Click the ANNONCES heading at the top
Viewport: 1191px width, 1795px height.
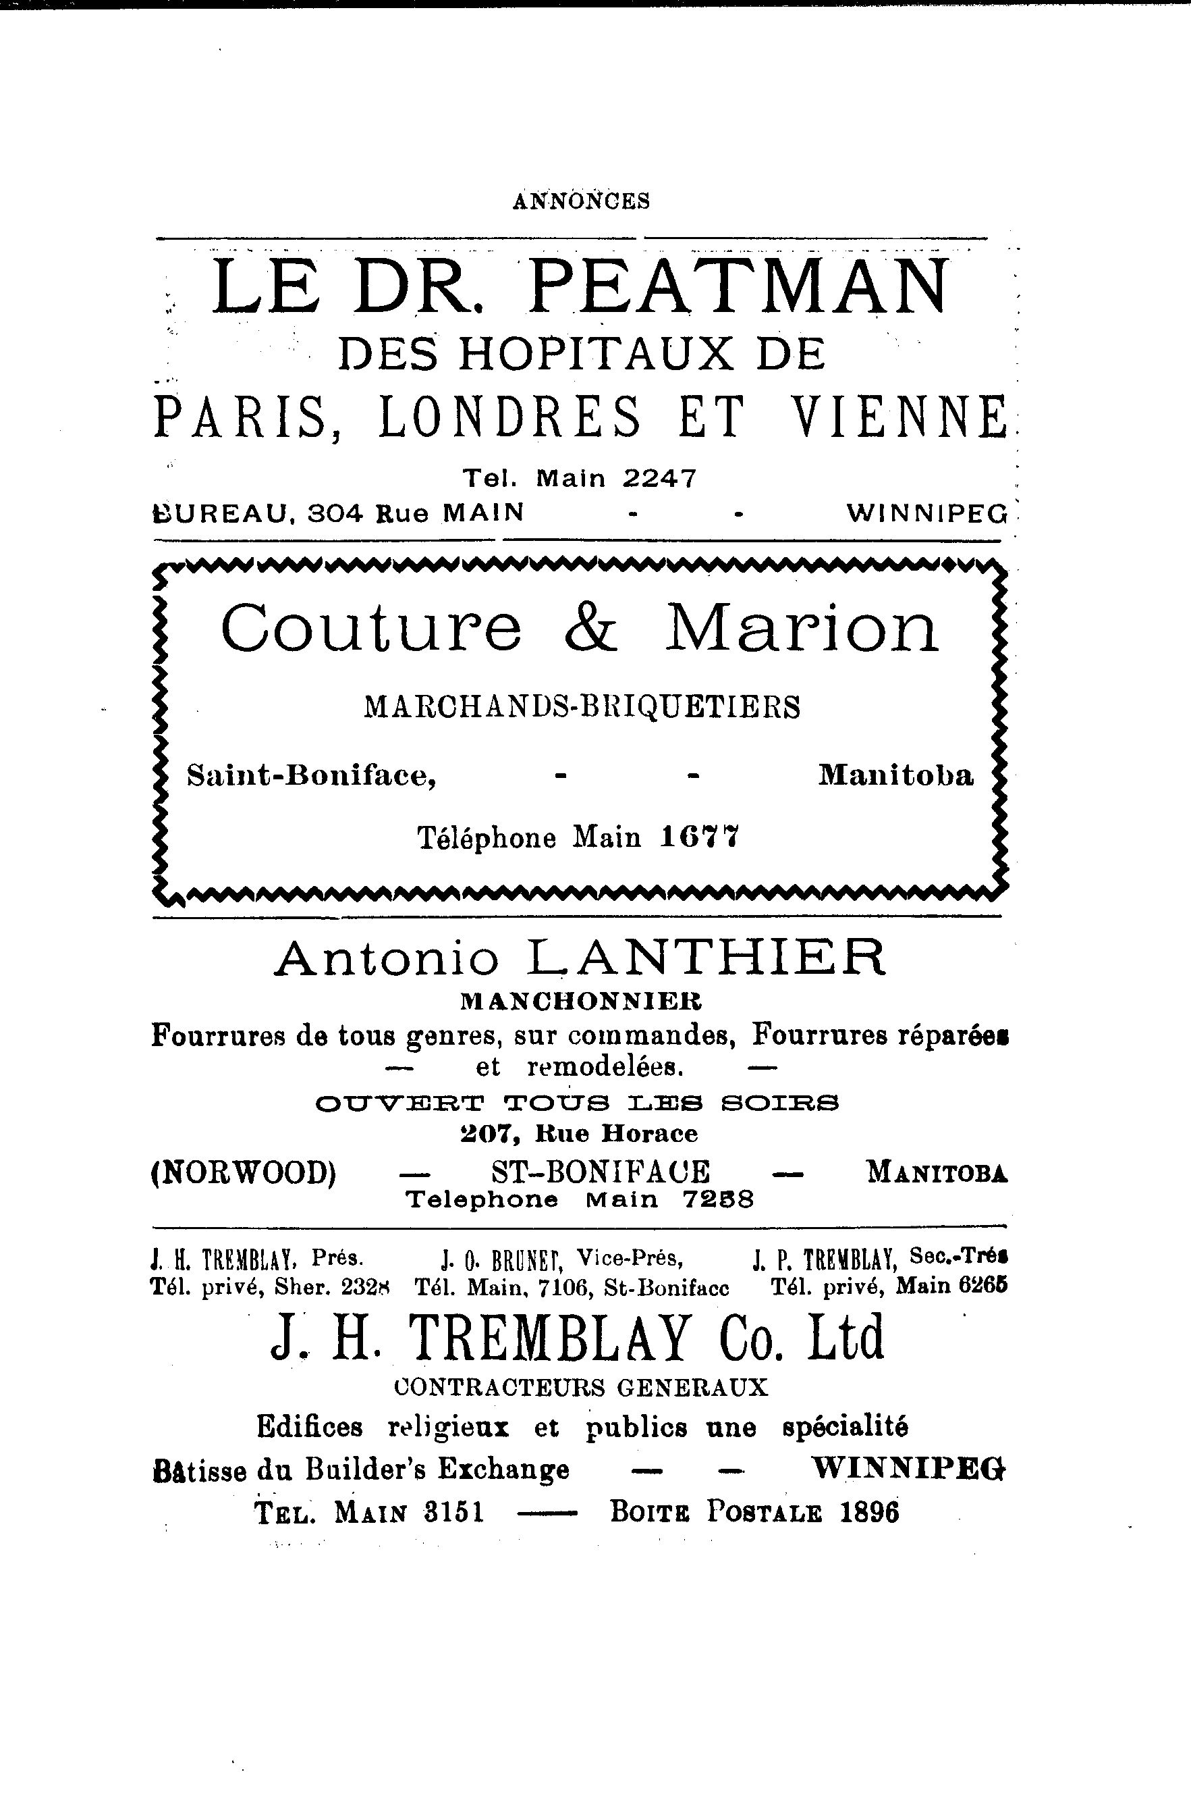pos(581,201)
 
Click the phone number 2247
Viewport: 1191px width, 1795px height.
pos(659,478)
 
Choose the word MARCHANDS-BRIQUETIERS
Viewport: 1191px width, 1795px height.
pos(582,708)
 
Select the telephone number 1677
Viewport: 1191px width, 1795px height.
pos(700,837)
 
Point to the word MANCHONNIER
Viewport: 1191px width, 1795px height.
pos(581,1001)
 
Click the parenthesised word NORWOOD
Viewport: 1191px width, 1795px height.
pos(244,1172)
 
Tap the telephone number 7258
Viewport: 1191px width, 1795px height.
pos(717,1199)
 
